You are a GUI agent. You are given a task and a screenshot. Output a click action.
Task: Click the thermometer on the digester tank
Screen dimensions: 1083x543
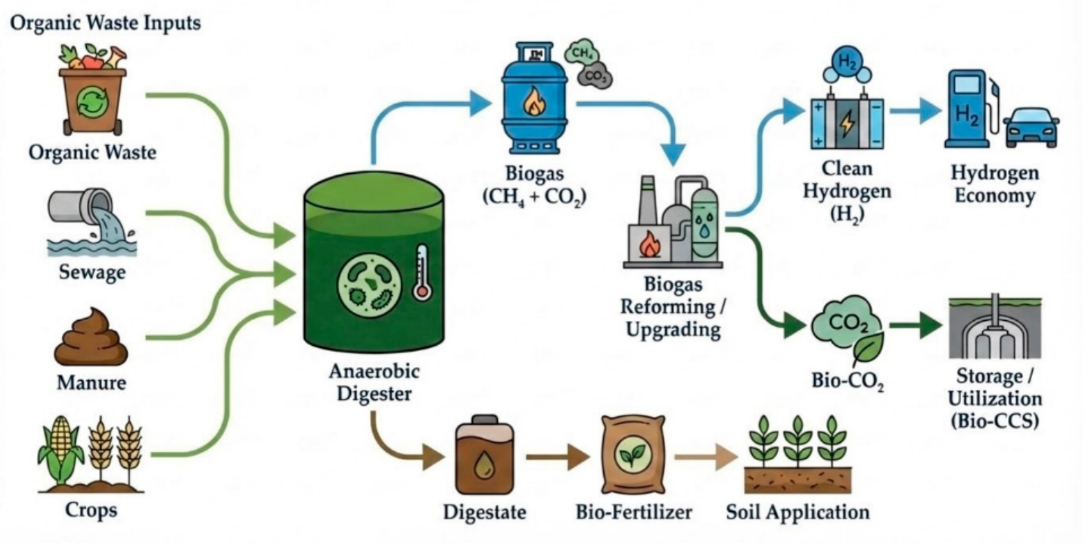422,273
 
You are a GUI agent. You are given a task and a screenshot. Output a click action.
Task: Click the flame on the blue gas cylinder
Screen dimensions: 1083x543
534,102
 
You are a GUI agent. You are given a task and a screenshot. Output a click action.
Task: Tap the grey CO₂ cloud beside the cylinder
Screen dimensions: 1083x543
595,75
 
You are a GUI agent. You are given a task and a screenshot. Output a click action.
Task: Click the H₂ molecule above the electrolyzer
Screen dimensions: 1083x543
847,65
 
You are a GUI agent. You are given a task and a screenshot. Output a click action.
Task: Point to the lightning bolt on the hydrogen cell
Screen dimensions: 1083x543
847,123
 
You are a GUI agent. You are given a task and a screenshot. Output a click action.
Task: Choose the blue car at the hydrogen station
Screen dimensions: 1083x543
1031,127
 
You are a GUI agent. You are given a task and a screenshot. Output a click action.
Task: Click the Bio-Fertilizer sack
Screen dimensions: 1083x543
634,454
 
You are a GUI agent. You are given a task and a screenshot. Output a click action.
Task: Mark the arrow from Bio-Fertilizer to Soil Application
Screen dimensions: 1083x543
707,456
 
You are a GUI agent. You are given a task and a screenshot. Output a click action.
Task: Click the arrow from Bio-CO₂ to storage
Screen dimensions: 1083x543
916,325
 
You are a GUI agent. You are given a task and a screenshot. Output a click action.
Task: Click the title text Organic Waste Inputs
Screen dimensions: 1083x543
105,23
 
